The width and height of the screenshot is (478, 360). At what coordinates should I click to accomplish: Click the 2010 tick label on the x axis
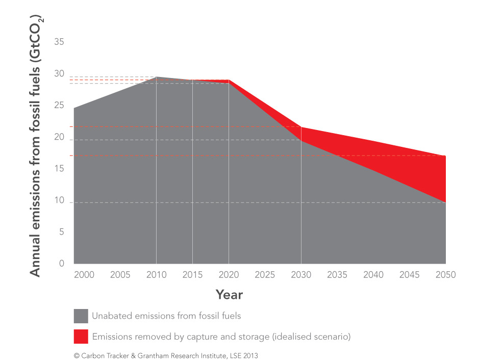point(156,275)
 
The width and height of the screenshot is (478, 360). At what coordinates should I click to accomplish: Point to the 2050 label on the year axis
point(445,275)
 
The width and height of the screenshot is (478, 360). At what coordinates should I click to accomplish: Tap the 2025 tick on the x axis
point(265,275)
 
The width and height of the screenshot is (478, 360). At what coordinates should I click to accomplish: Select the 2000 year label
point(84,275)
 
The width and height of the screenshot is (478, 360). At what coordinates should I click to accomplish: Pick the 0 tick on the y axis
point(62,264)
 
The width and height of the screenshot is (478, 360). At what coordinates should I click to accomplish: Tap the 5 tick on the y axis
point(62,232)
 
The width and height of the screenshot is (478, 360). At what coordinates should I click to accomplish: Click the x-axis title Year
point(229,294)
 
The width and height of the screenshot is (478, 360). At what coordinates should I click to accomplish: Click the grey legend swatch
point(81,316)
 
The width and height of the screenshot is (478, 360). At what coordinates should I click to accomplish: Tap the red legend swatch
point(81,337)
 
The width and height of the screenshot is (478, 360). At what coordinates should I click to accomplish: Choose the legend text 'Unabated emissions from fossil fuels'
point(166,316)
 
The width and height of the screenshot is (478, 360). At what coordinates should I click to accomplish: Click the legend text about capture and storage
point(221,337)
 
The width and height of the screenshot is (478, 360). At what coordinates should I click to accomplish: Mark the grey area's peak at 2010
point(156,77)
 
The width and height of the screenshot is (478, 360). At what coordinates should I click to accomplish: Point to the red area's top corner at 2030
point(301,127)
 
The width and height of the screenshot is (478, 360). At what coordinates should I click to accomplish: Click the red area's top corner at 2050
point(445,156)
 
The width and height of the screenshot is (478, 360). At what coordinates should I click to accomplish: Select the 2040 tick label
point(373,275)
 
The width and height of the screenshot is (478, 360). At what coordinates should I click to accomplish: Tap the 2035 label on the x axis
point(337,275)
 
